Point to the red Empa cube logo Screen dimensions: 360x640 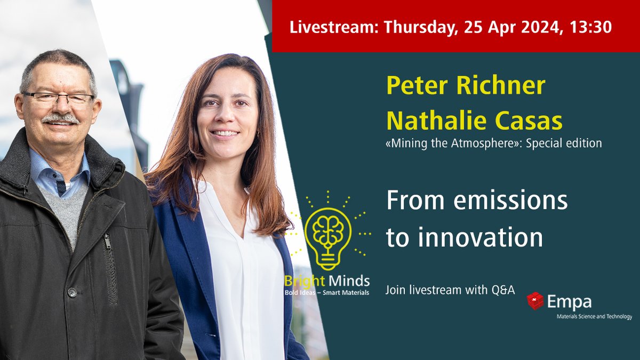coord(535,301)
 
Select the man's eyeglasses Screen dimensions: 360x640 coord(58,98)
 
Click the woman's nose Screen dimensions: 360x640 coord(227,117)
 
